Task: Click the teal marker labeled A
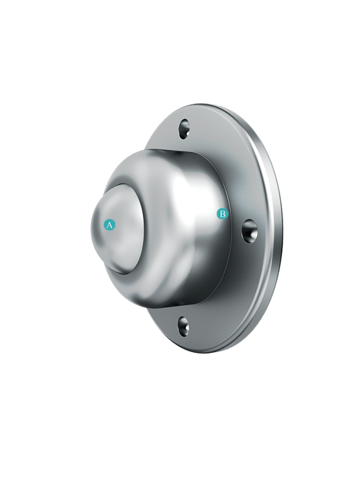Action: click(x=110, y=224)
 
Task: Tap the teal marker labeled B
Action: click(x=222, y=214)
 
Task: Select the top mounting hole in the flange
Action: click(x=184, y=128)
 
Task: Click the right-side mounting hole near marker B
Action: click(x=250, y=231)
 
